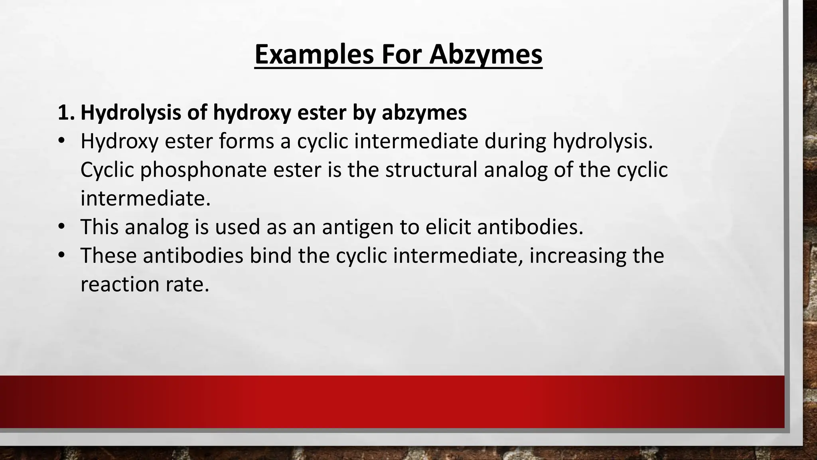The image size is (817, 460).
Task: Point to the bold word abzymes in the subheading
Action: click(424, 113)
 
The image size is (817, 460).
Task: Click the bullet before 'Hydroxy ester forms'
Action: click(61, 141)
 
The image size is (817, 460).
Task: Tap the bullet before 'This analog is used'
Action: click(61, 227)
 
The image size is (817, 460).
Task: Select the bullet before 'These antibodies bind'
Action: click(61, 256)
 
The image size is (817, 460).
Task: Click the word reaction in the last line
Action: click(117, 284)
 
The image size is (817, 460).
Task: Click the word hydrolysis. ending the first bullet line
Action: click(603, 141)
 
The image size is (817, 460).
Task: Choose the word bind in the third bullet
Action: click(270, 256)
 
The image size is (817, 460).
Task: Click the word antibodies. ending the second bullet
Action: click(530, 227)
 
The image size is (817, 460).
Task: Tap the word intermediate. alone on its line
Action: click(145, 198)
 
